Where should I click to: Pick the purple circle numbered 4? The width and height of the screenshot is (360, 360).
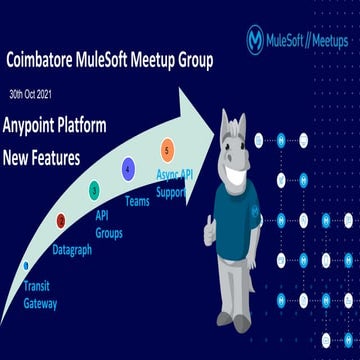click(x=128, y=168)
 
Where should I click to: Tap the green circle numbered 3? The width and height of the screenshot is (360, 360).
click(x=94, y=188)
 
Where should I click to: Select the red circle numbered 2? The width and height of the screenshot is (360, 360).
click(x=61, y=220)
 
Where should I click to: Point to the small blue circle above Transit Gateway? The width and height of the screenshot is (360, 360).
click(x=26, y=265)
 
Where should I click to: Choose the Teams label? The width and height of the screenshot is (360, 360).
click(x=137, y=201)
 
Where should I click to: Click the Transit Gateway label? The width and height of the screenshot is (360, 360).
click(x=41, y=294)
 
